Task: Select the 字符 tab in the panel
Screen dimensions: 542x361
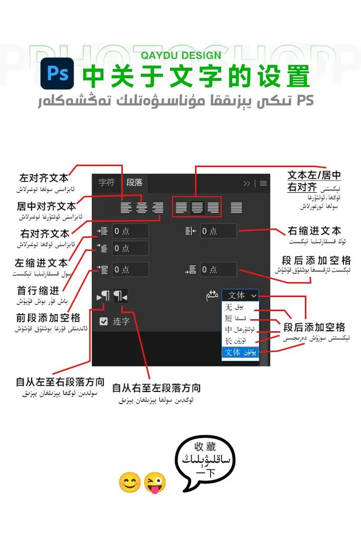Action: click(107, 183)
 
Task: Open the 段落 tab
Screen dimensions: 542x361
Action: click(135, 183)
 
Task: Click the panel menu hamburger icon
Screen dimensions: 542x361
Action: click(263, 183)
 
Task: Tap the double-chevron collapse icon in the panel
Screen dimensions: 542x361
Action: click(247, 183)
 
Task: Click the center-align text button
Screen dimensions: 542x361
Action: click(141, 208)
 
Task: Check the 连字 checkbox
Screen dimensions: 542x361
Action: click(104, 321)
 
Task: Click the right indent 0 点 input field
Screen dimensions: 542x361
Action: click(218, 231)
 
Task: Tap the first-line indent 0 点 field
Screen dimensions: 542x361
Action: click(130, 248)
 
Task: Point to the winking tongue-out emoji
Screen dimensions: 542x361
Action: click(154, 482)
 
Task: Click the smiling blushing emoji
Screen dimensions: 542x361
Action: click(129, 482)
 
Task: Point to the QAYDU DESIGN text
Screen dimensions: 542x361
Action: click(181, 55)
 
